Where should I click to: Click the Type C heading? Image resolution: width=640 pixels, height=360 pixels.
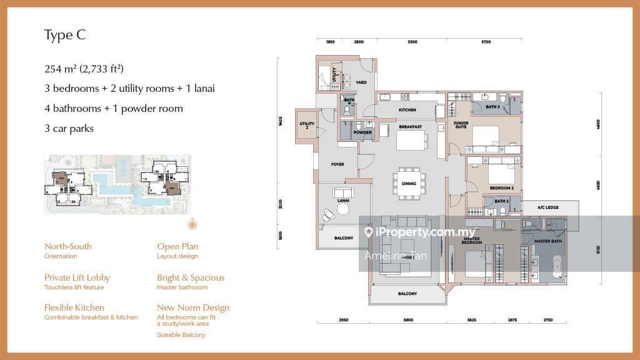pyautogui.click(x=64, y=35)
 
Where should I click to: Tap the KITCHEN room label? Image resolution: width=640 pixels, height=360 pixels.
pyautogui.click(x=407, y=110)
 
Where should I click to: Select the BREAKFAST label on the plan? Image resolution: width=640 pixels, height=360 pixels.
pyautogui.click(x=410, y=127)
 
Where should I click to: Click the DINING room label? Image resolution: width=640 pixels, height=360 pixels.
pyautogui.click(x=409, y=184)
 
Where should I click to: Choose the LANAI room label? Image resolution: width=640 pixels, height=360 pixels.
pyautogui.click(x=342, y=201)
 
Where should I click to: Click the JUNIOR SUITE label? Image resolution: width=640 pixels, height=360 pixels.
pyautogui.click(x=461, y=126)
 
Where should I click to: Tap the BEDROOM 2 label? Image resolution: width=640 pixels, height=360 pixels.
pyautogui.click(x=502, y=188)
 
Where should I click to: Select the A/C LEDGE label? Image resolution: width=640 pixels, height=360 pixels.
pyautogui.click(x=549, y=208)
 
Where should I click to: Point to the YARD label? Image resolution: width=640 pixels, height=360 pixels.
pyautogui.click(x=361, y=82)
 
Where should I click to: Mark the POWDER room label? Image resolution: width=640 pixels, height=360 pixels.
pyautogui.click(x=362, y=132)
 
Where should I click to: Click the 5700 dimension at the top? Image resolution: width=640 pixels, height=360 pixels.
pyautogui.click(x=486, y=42)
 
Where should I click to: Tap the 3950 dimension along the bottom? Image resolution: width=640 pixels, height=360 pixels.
pyautogui.click(x=343, y=320)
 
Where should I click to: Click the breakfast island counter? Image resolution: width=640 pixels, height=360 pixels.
pyautogui.click(x=410, y=141)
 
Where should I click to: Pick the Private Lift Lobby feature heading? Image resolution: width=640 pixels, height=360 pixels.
pyautogui.click(x=77, y=277)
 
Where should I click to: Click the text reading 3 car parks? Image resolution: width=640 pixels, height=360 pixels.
pyautogui.click(x=69, y=129)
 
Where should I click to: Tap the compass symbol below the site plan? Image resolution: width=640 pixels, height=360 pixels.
pyautogui.click(x=192, y=224)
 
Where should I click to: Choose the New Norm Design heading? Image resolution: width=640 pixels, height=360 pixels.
pyautogui.click(x=193, y=307)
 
